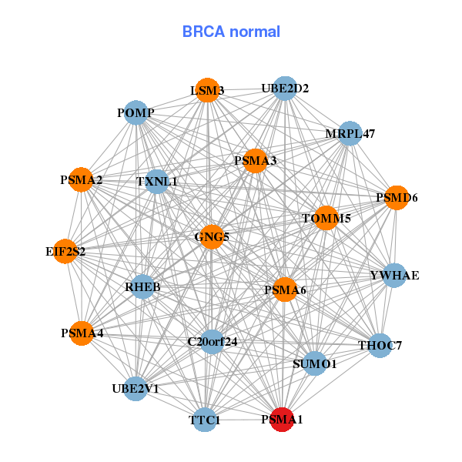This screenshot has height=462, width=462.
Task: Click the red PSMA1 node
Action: coord(283,420)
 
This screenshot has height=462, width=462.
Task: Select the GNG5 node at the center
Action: coord(212,236)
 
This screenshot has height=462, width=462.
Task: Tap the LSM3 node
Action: coord(208,91)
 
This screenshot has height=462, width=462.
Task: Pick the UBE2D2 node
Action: coord(285,89)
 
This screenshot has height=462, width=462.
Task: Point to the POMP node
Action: coord(136,113)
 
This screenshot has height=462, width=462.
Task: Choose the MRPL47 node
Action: coord(350,133)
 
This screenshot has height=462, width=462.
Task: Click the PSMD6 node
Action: coord(397,198)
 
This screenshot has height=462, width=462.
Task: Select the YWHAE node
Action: coord(394,275)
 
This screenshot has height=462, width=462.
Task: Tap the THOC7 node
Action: coord(380,345)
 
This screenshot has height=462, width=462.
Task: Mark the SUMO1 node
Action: coord(314,363)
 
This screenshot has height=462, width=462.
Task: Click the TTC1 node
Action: coord(205,420)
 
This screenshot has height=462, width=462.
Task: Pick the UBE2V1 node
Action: coord(136,388)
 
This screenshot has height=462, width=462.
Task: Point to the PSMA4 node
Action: coord(82,333)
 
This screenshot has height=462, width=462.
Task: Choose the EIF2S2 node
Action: coord(65,251)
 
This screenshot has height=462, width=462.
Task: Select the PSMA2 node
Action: coord(82,180)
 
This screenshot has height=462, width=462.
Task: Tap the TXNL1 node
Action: coord(157,182)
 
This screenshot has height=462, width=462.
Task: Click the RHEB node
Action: coord(142,287)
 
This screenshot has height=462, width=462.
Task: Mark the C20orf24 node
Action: coord(212,340)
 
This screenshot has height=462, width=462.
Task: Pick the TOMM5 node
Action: coord(326,219)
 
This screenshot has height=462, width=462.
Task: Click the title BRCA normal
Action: coord(231,32)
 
